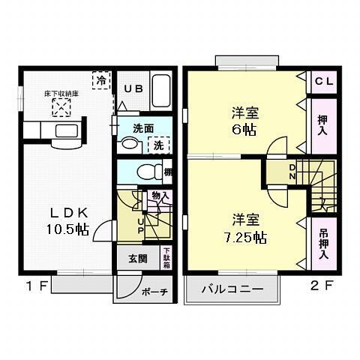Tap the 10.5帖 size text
(70, 230)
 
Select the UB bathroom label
(133, 87)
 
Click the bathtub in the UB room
(160, 91)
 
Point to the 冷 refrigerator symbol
(99, 79)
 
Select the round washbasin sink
(130, 144)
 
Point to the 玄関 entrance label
(137, 259)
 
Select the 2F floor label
(322, 285)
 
